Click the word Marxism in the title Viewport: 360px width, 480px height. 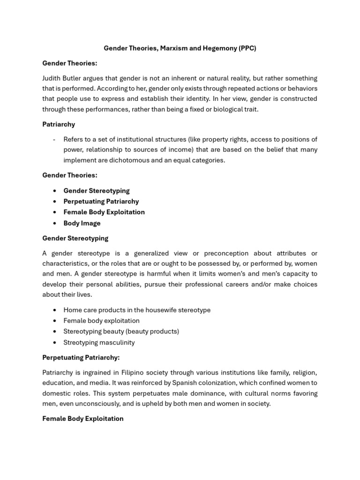tap(174, 48)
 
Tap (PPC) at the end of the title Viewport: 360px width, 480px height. tap(247, 48)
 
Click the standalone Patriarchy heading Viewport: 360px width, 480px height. tap(59, 124)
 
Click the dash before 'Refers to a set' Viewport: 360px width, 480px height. tap(55, 140)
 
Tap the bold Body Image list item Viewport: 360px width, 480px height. tap(82, 223)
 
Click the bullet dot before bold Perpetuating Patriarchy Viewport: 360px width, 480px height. tap(55, 202)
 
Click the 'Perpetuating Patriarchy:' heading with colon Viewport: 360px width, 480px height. tap(81, 357)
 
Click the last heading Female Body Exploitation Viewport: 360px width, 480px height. tap(83, 419)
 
